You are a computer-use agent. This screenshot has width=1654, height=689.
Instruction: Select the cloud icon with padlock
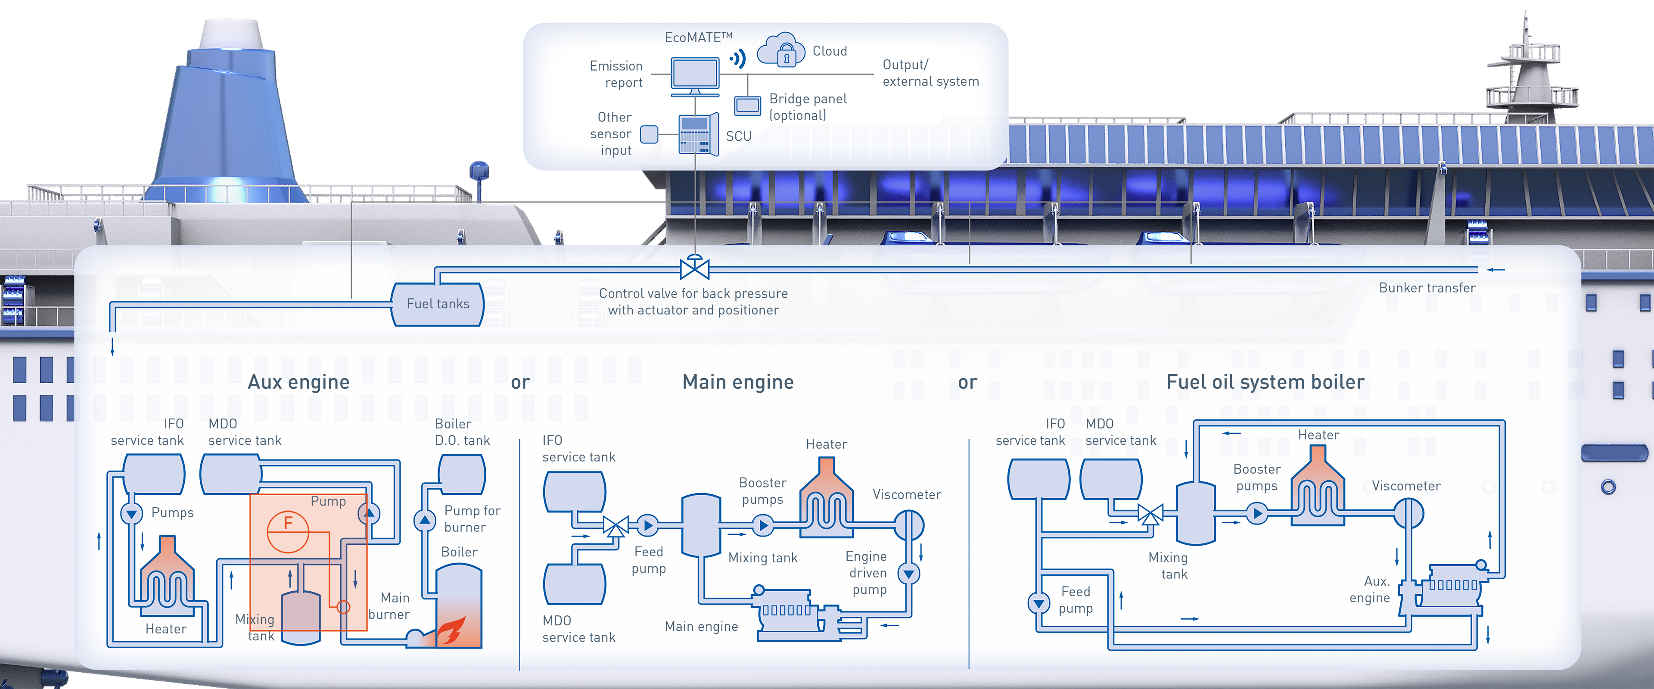click(x=781, y=50)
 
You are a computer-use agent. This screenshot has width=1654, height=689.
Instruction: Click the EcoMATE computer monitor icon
click(x=695, y=74)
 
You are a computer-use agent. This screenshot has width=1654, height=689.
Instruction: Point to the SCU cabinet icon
click(x=698, y=135)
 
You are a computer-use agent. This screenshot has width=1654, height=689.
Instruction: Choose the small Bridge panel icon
click(x=747, y=106)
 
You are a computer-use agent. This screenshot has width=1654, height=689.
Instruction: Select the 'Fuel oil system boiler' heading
click(x=1265, y=382)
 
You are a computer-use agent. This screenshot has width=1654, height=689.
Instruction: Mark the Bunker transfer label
click(x=1427, y=288)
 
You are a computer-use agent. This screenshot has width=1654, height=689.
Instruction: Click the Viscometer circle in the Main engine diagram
click(x=908, y=525)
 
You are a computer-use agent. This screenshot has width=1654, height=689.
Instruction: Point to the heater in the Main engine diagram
click(x=827, y=501)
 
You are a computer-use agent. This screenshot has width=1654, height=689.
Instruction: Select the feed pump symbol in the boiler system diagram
click(x=1038, y=603)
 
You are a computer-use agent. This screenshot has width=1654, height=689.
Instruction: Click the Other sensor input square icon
click(x=649, y=134)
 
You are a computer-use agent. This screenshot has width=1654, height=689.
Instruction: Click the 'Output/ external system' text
click(x=930, y=73)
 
